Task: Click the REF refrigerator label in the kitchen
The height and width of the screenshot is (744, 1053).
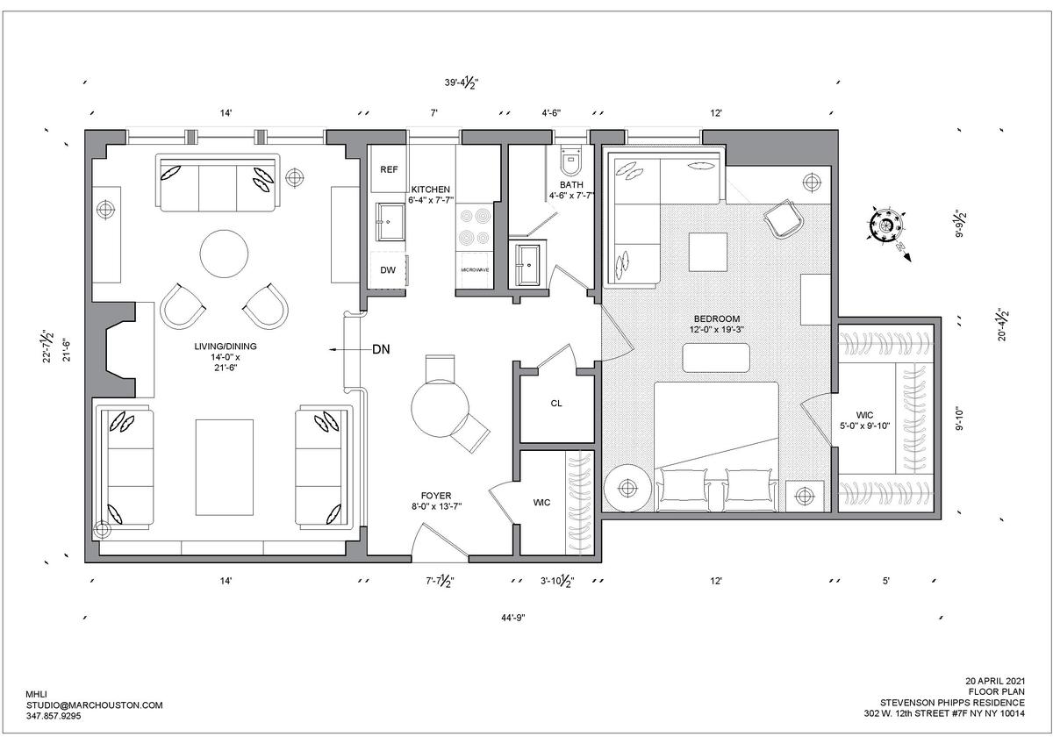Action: click(389, 169)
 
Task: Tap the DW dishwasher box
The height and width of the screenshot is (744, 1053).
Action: click(388, 270)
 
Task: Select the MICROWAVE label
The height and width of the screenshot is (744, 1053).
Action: click(475, 270)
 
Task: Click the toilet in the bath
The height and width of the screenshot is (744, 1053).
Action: click(571, 159)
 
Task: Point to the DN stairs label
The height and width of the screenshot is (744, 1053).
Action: click(381, 350)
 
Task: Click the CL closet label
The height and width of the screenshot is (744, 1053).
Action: click(556, 404)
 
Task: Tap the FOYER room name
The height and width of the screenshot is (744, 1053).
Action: click(436, 496)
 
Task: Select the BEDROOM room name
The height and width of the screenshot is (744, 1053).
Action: click(717, 318)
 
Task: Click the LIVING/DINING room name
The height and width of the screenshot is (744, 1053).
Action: click(226, 347)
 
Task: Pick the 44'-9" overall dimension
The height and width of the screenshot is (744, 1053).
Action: click(512, 618)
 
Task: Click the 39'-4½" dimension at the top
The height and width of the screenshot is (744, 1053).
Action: click(462, 83)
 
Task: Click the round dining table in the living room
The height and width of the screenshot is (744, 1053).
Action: click(225, 254)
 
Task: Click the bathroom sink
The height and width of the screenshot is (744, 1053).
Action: click(529, 264)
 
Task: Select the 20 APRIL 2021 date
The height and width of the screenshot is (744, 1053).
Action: click(995, 681)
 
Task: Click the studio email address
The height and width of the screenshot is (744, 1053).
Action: click(95, 705)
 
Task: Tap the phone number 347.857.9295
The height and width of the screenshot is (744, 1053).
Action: click(54, 716)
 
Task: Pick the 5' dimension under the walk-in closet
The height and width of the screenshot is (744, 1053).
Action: click(885, 582)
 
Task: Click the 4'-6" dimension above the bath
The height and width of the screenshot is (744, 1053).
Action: click(551, 113)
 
